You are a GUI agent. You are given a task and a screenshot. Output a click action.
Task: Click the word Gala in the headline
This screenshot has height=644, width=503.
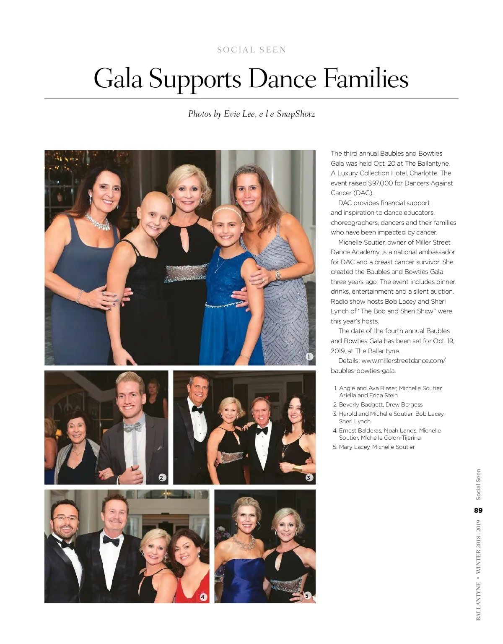click(118, 79)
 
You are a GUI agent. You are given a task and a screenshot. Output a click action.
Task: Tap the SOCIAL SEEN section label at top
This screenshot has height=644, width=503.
click(251, 50)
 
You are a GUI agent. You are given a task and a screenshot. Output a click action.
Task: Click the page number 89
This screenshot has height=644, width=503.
click(478, 511)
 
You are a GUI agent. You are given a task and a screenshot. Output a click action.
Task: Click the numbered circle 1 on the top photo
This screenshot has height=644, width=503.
click(309, 357)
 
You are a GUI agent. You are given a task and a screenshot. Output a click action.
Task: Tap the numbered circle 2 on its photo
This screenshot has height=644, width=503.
click(162, 477)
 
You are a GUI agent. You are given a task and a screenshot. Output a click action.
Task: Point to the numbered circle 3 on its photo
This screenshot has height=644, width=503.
click(309, 477)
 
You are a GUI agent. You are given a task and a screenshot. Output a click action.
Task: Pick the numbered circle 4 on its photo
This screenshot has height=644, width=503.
click(203, 597)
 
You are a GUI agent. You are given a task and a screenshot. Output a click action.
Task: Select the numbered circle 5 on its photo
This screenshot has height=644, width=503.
click(307, 595)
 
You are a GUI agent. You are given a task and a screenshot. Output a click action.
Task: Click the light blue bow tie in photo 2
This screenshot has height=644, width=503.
click(132, 428)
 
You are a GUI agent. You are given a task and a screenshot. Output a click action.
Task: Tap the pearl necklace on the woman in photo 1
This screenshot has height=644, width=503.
click(98, 221)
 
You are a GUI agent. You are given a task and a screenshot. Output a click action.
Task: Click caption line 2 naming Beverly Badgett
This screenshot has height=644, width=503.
click(378, 404)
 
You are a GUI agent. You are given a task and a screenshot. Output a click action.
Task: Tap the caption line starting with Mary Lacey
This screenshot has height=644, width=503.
click(373, 447)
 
